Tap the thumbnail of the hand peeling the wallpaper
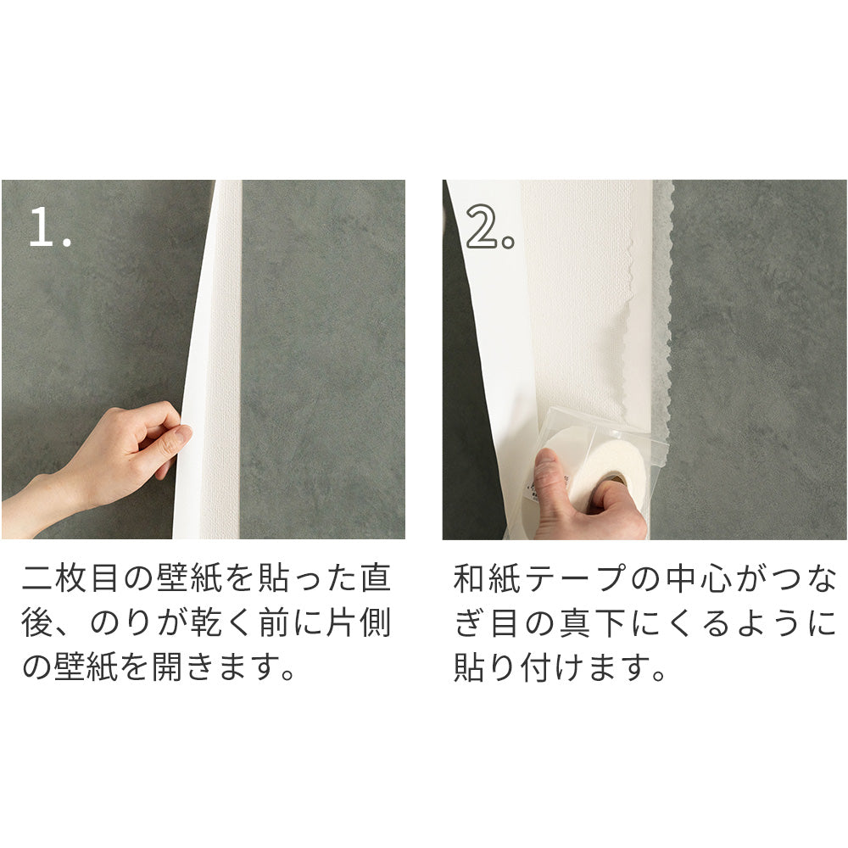click(204, 360)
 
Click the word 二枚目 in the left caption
click(70, 578)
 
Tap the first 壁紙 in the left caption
click(190, 578)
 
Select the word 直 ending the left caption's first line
click(376, 578)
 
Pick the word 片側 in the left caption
click(359, 623)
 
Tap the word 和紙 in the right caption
click(487, 578)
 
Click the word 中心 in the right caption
click(699, 578)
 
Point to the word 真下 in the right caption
click(593, 623)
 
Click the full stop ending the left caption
click(287, 674)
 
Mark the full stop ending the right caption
click(659, 674)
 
